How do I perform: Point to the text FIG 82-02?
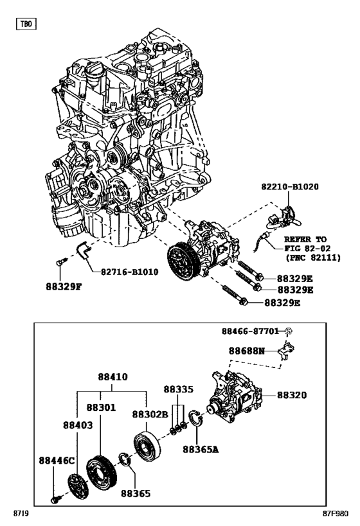[304, 247]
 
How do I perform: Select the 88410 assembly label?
[113, 377]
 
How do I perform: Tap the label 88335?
[178, 389]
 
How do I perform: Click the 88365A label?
[201, 449]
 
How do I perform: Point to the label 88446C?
[57, 460]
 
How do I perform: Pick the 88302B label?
[150, 415]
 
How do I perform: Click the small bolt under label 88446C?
[57, 498]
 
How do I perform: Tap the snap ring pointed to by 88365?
[124, 460]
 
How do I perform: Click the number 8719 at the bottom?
[20, 515]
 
